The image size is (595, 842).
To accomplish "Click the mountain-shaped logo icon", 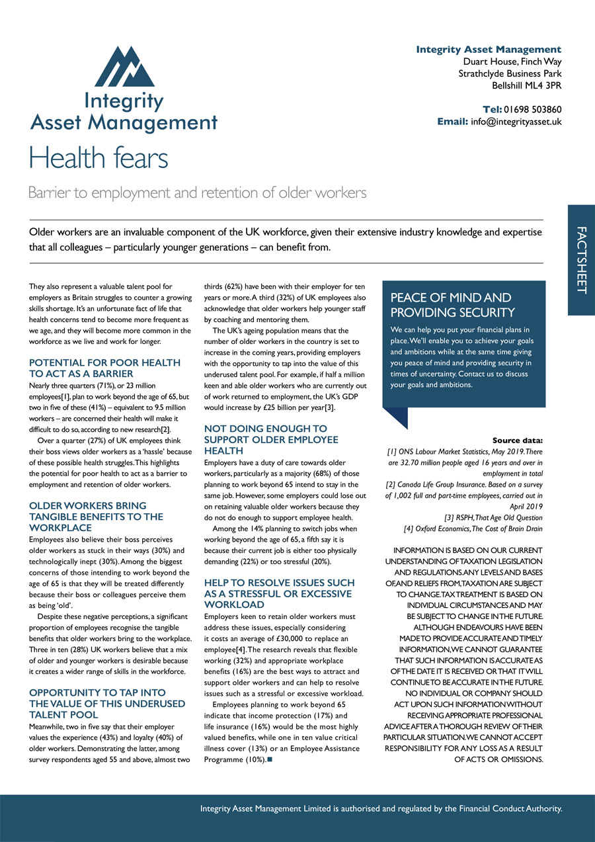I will point(124,66).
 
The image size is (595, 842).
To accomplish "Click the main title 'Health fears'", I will point(99,158).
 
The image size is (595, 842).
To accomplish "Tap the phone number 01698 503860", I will point(532,109).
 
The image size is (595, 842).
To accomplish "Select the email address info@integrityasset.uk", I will point(516,122).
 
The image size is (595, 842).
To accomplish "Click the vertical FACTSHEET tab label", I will point(581,260).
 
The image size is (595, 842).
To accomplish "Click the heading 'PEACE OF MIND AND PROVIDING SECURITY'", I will point(452,305).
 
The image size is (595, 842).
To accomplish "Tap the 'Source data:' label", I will point(518,440).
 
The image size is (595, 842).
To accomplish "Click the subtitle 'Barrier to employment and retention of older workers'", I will point(197,193).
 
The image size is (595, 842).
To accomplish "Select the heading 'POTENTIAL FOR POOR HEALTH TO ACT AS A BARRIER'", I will point(105,368).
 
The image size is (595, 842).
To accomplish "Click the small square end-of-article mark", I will point(270,759).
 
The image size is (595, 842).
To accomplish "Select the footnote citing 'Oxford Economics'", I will point(473,528).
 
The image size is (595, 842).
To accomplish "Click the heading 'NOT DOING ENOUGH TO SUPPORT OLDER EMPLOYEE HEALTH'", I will point(271,439).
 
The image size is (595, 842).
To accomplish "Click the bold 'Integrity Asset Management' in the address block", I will point(489,50).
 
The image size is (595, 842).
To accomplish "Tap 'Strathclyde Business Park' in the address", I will point(510,73).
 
